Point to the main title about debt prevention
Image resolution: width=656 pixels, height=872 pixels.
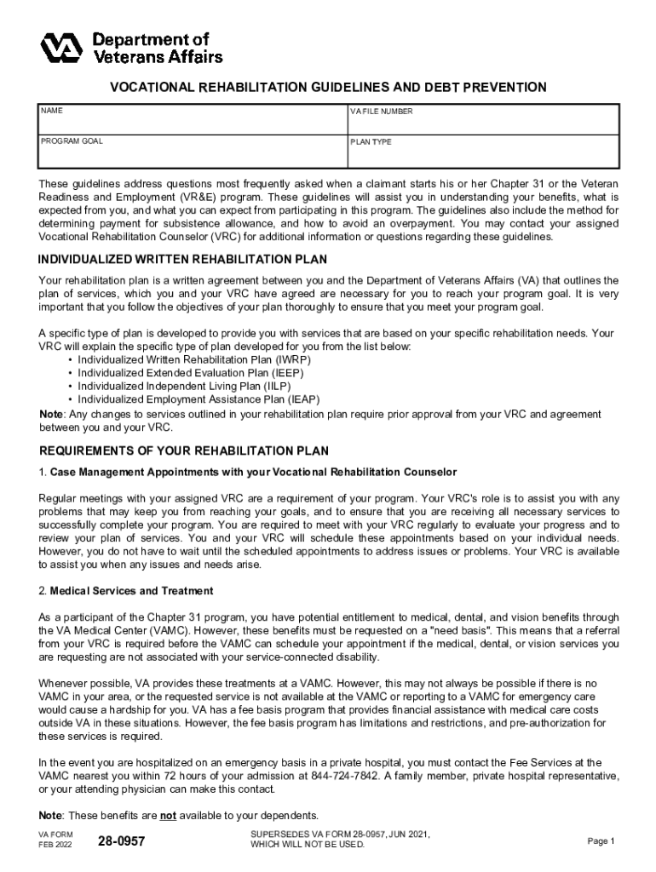click(327, 88)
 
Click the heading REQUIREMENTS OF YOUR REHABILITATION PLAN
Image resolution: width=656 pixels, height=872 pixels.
click(184, 450)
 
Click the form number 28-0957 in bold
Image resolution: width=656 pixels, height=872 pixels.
click(121, 841)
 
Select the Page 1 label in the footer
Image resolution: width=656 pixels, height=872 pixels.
click(601, 841)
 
